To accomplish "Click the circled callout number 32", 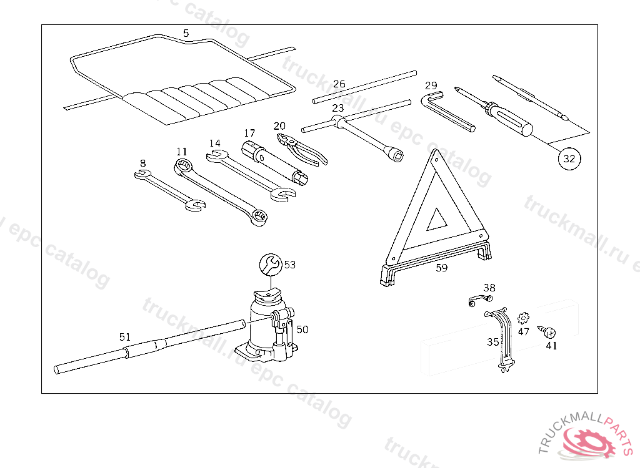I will click(569, 158).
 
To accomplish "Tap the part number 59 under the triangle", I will click(442, 269).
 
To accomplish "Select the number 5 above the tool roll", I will click(186, 32).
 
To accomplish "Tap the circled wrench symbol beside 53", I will click(271, 264).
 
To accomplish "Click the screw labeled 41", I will click(549, 333).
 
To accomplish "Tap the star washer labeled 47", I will click(523, 319).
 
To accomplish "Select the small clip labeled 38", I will click(479, 301).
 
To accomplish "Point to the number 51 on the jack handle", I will click(125, 337).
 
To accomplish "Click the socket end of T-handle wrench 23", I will click(394, 155).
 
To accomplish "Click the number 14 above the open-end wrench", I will click(214, 143).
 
